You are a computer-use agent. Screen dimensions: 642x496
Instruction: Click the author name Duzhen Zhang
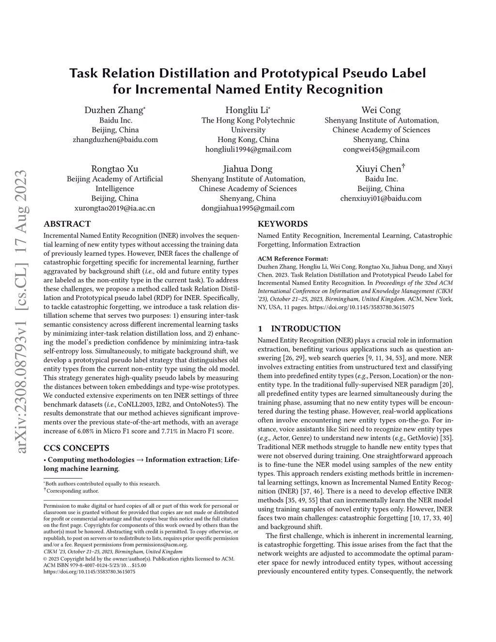tap(114, 110)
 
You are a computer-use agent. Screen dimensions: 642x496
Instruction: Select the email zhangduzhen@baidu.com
tap(115, 140)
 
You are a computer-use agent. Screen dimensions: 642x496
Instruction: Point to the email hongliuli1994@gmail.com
tap(248, 149)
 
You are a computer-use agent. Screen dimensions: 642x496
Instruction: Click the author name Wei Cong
tap(381, 110)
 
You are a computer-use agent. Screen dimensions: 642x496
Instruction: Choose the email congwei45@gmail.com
tap(381, 149)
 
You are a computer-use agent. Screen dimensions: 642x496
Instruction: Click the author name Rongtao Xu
tap(115, 169)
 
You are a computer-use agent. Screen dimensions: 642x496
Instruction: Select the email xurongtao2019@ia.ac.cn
tap(115, 208)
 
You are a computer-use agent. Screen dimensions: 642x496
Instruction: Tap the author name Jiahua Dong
tap(248, 169)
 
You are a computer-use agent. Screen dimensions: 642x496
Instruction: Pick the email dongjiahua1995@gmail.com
tap(248, 208)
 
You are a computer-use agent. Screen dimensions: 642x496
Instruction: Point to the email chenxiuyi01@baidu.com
tap(381, 198)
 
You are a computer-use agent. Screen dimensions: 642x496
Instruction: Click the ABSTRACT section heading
tap(67, 224)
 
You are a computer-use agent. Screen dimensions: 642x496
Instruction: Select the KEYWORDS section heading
tap(282, 224)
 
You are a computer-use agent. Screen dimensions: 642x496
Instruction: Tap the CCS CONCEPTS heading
tap(77, 448)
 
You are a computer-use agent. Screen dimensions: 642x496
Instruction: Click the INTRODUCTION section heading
tap(306, 329)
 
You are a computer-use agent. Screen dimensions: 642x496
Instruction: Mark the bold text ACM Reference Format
tap(293, 259)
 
